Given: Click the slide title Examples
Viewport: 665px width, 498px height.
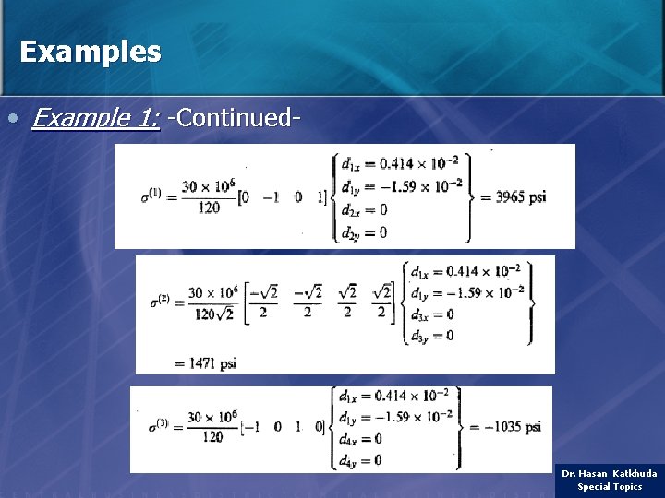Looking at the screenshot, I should point(90,52).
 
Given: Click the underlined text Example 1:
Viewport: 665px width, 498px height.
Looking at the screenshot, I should point(95,118).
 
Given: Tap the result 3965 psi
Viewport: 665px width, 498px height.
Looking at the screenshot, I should point(521,196).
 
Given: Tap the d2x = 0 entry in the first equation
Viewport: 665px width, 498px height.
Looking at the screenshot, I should point(364,210).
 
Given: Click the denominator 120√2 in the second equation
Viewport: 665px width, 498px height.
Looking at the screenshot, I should point(213,313).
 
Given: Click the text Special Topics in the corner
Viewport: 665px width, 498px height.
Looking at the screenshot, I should point(610,486).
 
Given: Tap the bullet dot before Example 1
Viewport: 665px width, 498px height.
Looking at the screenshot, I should point(12,119).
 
